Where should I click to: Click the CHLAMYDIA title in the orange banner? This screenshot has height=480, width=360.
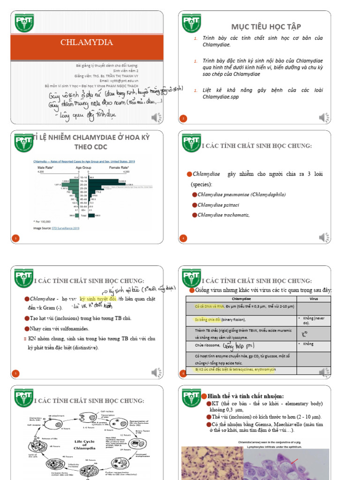click(x=87, y=43)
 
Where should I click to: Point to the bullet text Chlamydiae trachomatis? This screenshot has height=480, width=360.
click(x=223, y=215)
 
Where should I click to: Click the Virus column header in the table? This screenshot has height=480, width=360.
click(x=314, y=298)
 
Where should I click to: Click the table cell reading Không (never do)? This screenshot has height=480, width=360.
click(x=314, y=321)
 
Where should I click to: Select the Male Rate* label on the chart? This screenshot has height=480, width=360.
click(x=45, y=167)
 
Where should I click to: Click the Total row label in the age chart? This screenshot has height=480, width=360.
click(x=82, y=215)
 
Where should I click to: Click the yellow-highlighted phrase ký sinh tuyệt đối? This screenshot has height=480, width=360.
click(x=98, y=299)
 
